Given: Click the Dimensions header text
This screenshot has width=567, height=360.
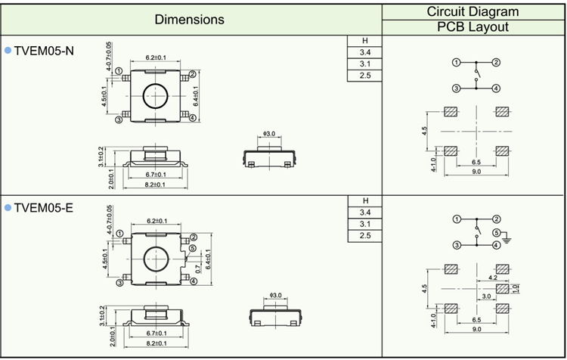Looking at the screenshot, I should tap(190, 19).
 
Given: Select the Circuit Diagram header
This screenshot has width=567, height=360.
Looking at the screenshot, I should tap(473, 11).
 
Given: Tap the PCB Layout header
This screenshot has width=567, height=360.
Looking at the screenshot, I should tap(473, 27).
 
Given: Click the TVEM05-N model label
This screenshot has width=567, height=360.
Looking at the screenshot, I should tap(45, 51).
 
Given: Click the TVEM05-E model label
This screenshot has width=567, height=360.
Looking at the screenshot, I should tap(44, 207).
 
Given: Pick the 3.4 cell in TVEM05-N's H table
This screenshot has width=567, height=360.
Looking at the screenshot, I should tap(365, 52).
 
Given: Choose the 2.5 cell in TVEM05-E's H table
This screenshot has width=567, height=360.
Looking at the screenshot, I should tap(365, 237).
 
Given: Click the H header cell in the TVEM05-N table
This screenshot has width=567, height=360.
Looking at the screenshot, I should tap(365, 40).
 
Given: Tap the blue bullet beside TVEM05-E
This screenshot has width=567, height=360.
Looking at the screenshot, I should tap(8, 207).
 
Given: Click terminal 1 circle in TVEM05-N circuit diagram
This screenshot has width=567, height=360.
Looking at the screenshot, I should tap(457, 62).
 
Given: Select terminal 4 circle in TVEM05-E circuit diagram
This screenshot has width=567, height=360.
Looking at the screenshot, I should tap(496, 245).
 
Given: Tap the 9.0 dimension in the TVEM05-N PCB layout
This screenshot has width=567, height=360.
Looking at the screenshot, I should tap(476, 172).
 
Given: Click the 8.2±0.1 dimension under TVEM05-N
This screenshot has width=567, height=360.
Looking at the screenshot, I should tap(155, 185).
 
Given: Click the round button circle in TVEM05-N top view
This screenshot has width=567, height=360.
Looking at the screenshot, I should tap(156, 95).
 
